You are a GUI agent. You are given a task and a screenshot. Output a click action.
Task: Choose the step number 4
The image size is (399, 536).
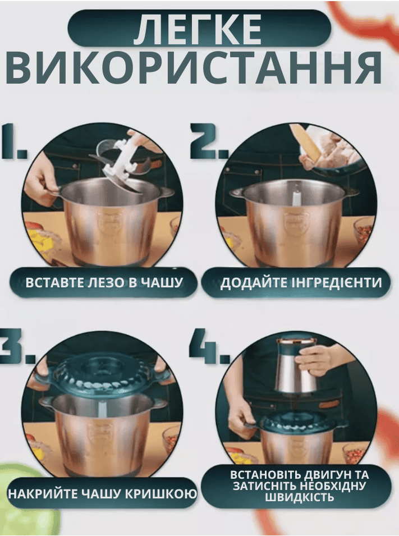tap(209, 346)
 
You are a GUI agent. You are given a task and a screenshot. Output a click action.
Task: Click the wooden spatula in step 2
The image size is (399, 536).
tap(306, 143)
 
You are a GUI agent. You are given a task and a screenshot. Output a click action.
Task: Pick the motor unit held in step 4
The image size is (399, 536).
tap(297, 364)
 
